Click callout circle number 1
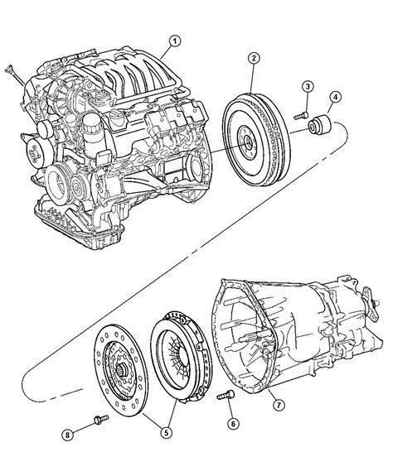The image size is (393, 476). (x=175, y=41)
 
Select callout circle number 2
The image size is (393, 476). (x=254, y=59)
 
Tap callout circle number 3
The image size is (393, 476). (x=308, y=87)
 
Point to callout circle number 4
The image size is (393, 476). (x=335, y=98)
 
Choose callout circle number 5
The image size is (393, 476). (x=166, y=432)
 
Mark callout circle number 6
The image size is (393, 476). (x=233, y=424)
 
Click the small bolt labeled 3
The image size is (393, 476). (x=301, y=116)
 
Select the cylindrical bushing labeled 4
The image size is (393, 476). (x=319, y=124)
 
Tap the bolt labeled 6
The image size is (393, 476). (x=226, y=395)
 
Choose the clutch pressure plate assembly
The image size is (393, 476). (x=182, y=356)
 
